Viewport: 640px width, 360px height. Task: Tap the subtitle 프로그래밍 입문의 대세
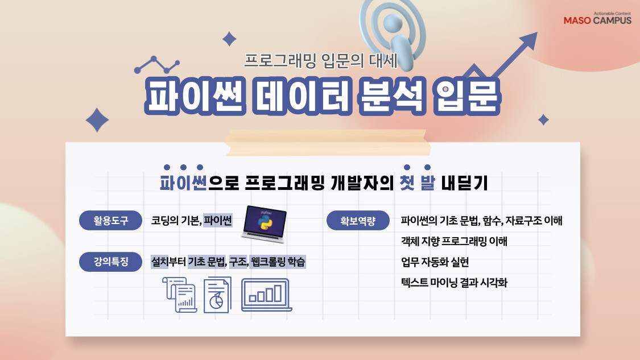[x=321, y=60]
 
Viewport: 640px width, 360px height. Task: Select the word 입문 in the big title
[x=465, y=95]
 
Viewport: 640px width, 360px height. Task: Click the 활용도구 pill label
[x=111, y=221]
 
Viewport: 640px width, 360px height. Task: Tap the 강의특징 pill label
[x=111, y=262]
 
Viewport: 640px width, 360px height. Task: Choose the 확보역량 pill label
[x=358, y=221]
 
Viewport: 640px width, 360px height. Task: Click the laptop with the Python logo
[x=263, y=222]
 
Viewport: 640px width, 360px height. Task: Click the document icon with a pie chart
[x=217, y=295]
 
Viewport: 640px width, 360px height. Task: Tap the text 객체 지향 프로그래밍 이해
[x=454, y=241]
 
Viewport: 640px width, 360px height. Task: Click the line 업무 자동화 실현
[x=435, y=262]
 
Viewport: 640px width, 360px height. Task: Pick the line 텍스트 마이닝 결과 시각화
[x=453, y=283]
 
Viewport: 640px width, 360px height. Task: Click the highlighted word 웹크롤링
[x=267, y=262]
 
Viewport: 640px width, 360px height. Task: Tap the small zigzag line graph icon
[x=156, y=65]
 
